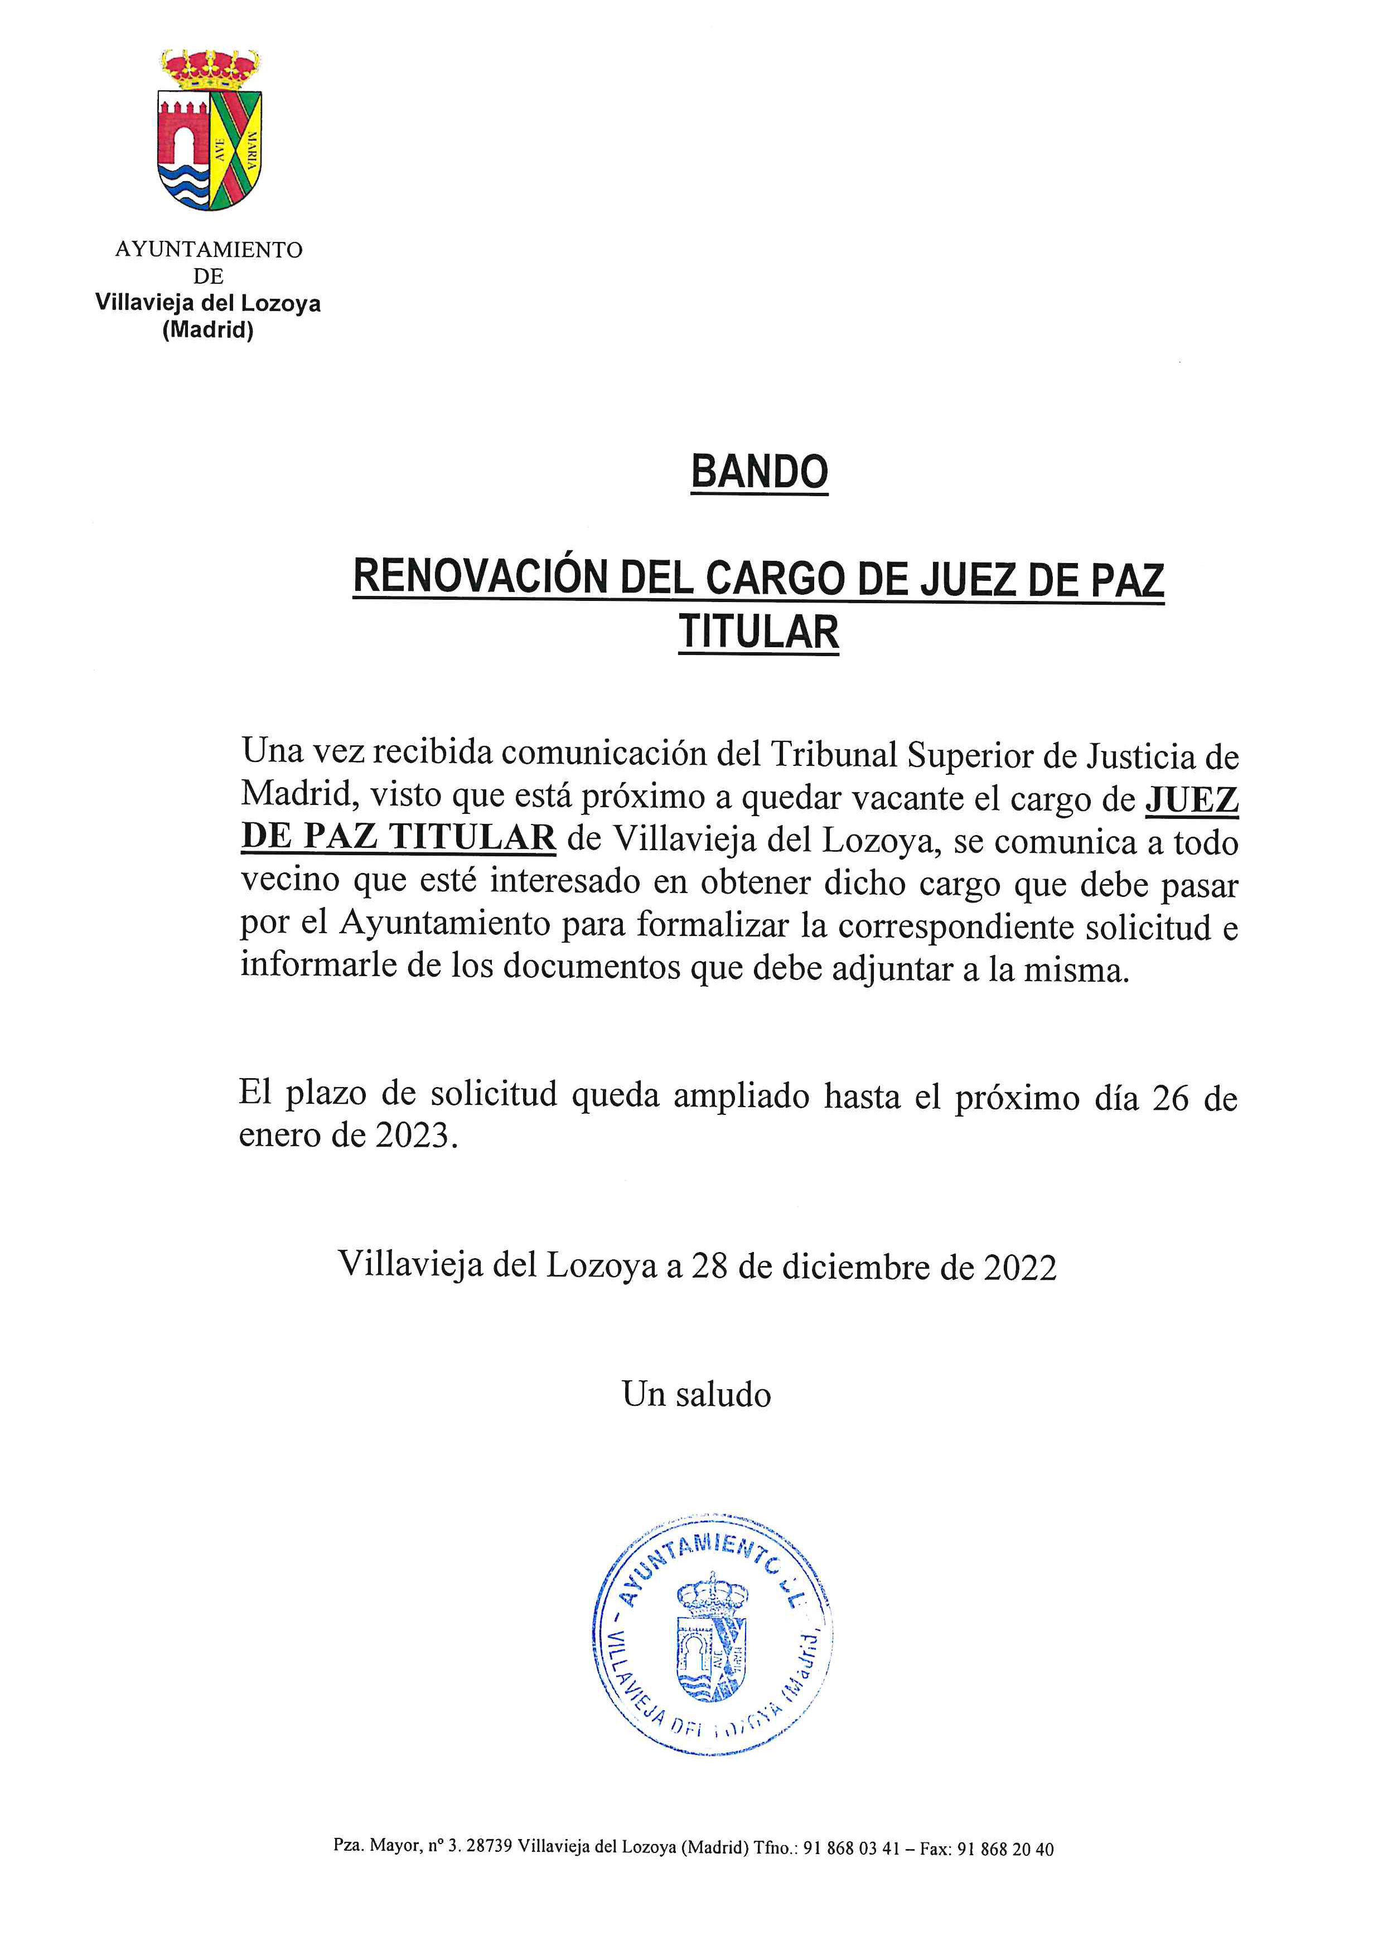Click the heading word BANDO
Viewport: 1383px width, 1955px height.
[759, 473]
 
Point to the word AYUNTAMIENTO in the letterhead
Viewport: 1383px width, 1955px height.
[209, 250]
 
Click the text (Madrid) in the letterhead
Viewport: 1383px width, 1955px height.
[208, 331]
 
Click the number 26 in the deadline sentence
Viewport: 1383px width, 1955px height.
[1169, 1098]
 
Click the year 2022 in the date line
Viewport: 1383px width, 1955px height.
[1019, 1268]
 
